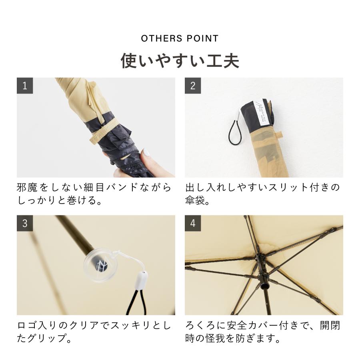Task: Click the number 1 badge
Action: [x=25, y=86]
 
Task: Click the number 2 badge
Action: [x=193, y=86]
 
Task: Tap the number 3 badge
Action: [x=25, y=223]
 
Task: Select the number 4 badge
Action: [x=193, y=223]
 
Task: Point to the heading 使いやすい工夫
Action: [x=180, y=61]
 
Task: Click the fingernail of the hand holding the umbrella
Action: [x=146, y=153]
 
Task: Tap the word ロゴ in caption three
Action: [x=28, y=325]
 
